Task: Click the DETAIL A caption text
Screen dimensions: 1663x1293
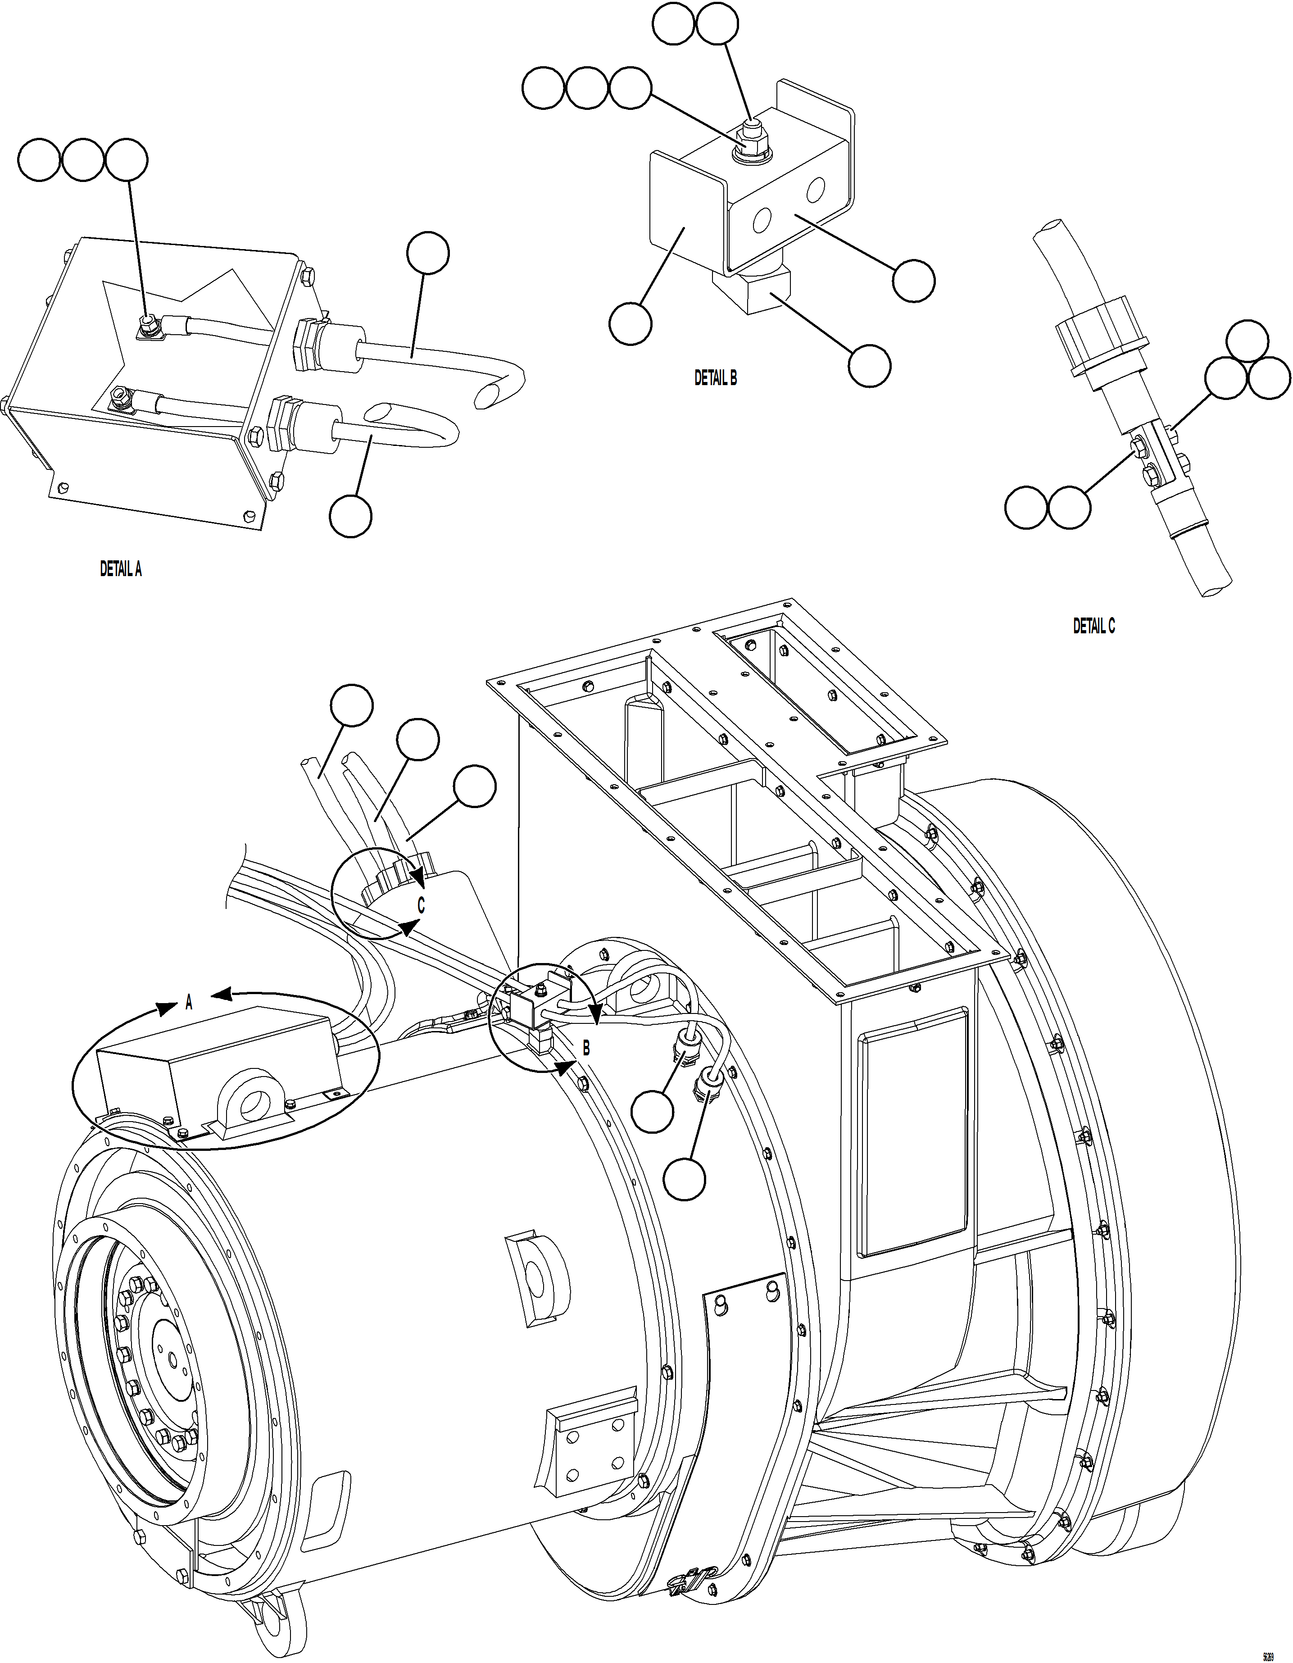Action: pos(120,569)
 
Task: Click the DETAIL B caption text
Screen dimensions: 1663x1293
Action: pos(715,377)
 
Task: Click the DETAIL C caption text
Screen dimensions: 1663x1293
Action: pos(1093,626)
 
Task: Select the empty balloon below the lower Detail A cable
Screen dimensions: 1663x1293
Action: pos(350,516)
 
